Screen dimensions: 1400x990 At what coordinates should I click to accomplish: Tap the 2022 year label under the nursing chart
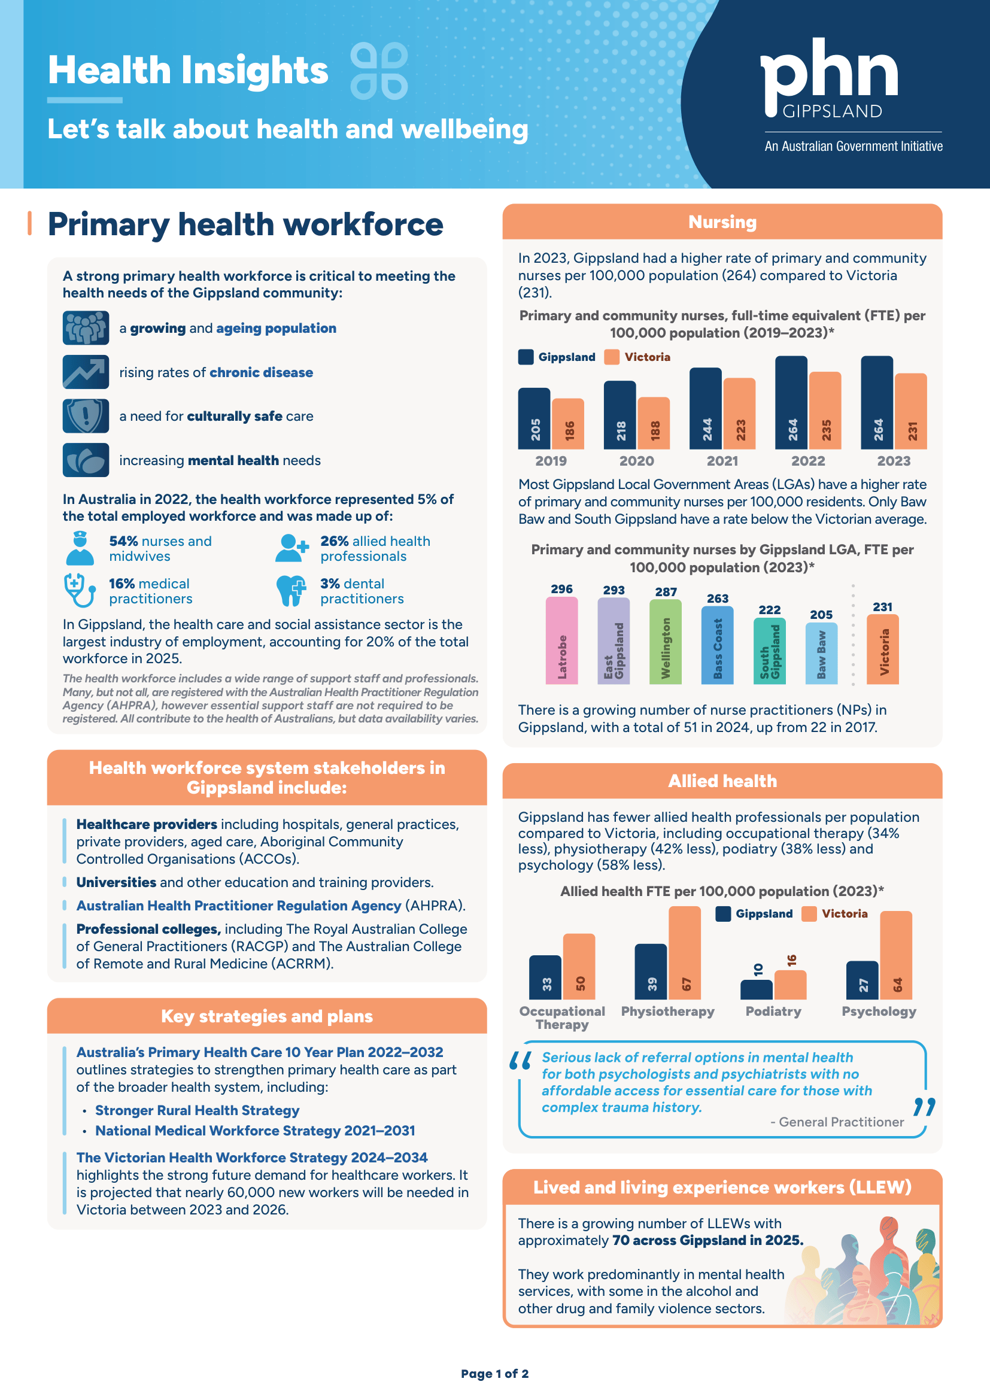pos(807,461)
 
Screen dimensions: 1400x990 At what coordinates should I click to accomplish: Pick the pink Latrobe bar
pos(561,640)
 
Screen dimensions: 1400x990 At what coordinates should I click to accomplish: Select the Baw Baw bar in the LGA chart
pos(821,652)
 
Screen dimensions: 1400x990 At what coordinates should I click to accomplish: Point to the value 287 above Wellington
pos(666,592)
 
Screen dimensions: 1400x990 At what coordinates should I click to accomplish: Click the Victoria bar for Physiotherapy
pos(685,952)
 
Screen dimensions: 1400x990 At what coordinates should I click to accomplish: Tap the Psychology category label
pos(879,1012)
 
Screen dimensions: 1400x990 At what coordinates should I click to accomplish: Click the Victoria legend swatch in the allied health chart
pos(809,914)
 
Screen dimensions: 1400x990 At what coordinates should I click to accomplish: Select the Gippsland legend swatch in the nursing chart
pos(526,357)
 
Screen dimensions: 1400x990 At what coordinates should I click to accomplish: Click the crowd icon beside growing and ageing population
pos(86,328)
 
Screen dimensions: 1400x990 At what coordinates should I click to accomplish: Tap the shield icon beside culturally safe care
pos(86,416)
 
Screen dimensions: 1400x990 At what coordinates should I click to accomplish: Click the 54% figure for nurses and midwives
pos(123,542)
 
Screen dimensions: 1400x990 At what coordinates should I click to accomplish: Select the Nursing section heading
pos(722,222)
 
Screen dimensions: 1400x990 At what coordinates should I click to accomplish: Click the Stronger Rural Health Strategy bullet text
pos(197,1110)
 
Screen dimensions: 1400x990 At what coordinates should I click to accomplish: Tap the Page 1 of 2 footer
pos(494,1374)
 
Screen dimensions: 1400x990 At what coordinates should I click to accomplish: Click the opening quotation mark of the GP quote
pos(520,1062)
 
